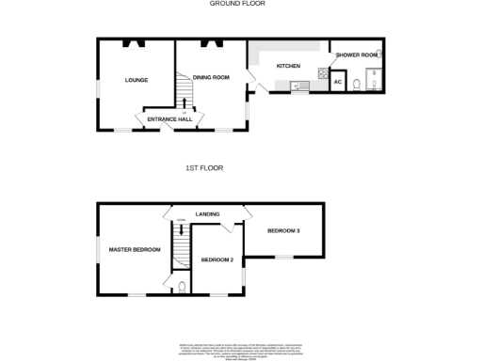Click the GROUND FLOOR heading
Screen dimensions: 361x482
click(237, 4)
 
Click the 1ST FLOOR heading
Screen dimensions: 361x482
click(204, 167)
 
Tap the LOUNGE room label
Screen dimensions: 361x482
click(137, 80)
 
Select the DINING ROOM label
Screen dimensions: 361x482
click(211, 77)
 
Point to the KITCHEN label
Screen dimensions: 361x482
click(287, 67)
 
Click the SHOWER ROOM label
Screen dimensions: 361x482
click(356, 55)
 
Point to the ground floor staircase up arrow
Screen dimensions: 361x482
click(185, 104)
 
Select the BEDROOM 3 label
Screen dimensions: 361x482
click(282, 230)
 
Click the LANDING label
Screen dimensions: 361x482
click(207, 215)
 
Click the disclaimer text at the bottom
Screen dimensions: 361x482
click(242, 349)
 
